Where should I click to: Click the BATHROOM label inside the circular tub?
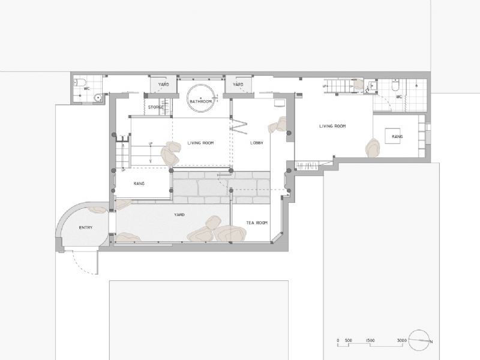click(x=201, y=102)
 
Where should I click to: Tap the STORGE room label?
click(x=157, y=107)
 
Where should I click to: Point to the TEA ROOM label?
click(x=256, y=223)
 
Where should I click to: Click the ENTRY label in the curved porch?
click(x=86, y=228)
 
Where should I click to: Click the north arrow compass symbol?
click(x=420, y=340)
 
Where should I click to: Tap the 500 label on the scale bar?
click(x=348, y=340)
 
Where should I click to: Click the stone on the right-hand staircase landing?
click(x=358, y=86)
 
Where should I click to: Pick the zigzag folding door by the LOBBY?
click(x=239, y=127)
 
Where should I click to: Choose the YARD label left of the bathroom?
click(x=163, y=85)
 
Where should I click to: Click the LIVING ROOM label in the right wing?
click(x=333, y=126)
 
